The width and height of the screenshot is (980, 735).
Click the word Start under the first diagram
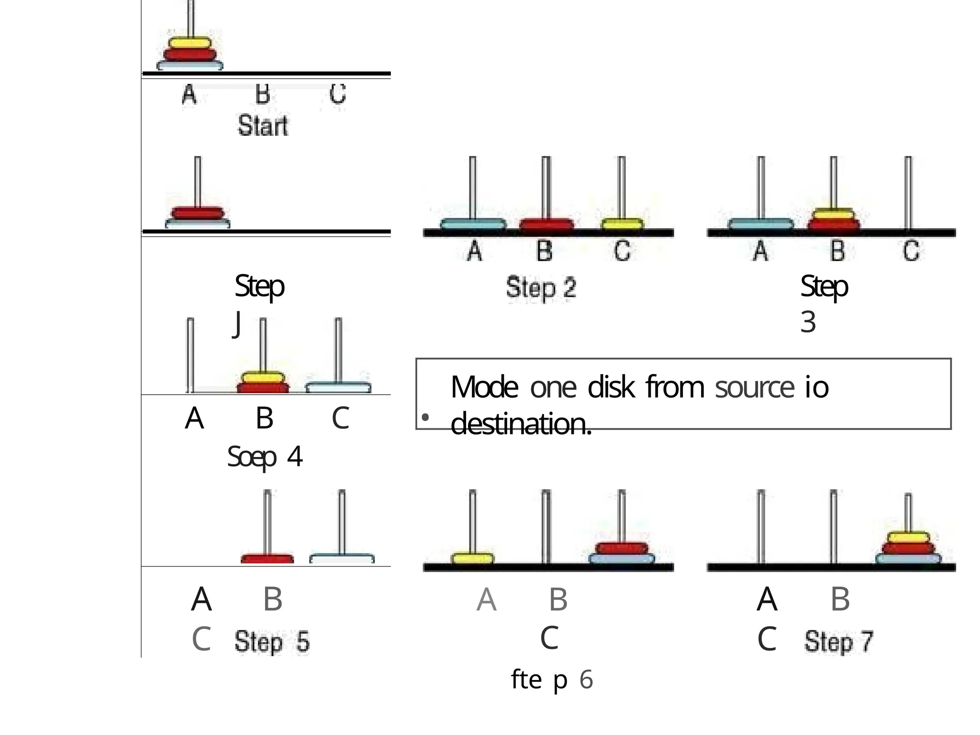pyautogui.click(x=263, y=126)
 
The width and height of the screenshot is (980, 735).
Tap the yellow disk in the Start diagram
pyautogui.click(x=189, y=43)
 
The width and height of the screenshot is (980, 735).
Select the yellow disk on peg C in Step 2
pyautogui.click(x=622, y=224)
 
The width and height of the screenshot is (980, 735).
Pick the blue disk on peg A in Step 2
pyautogui.click(x=473, y=224)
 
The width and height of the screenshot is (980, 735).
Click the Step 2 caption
pyautogui.click(x=541, y=288)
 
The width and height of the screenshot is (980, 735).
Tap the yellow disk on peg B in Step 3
pyautogui.click(x=834, y=213)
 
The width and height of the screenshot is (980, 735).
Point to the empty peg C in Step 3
pyautogui.click(x=908, y=191)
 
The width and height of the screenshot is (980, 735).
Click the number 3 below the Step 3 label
pyautogui.click(x=808, y=322)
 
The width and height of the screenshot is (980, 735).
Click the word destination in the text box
pyautogui.click(x=521, y=424)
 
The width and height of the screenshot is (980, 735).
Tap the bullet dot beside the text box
pyautogui.click(x=425, y=418)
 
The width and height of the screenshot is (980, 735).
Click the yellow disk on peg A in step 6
pyautogui.click(x=472, y=558)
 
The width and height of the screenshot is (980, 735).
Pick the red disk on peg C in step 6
pyautogui.click(x=622, y=548)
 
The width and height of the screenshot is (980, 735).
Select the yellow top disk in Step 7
pyautogui.click(x=908, y=537)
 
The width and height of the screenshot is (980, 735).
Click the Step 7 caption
pyautogui.click(x=838, y=641)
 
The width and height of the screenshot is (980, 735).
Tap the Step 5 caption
pyautogui.click(x=272, y=642)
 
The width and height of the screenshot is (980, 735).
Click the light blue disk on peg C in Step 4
pyautogui.click(x=338, y=387)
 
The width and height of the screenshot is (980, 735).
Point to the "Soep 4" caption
pyautogui.click(x=265, y=457)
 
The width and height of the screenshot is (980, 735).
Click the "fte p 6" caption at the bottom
pyautogui.click(x=551, y=679)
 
